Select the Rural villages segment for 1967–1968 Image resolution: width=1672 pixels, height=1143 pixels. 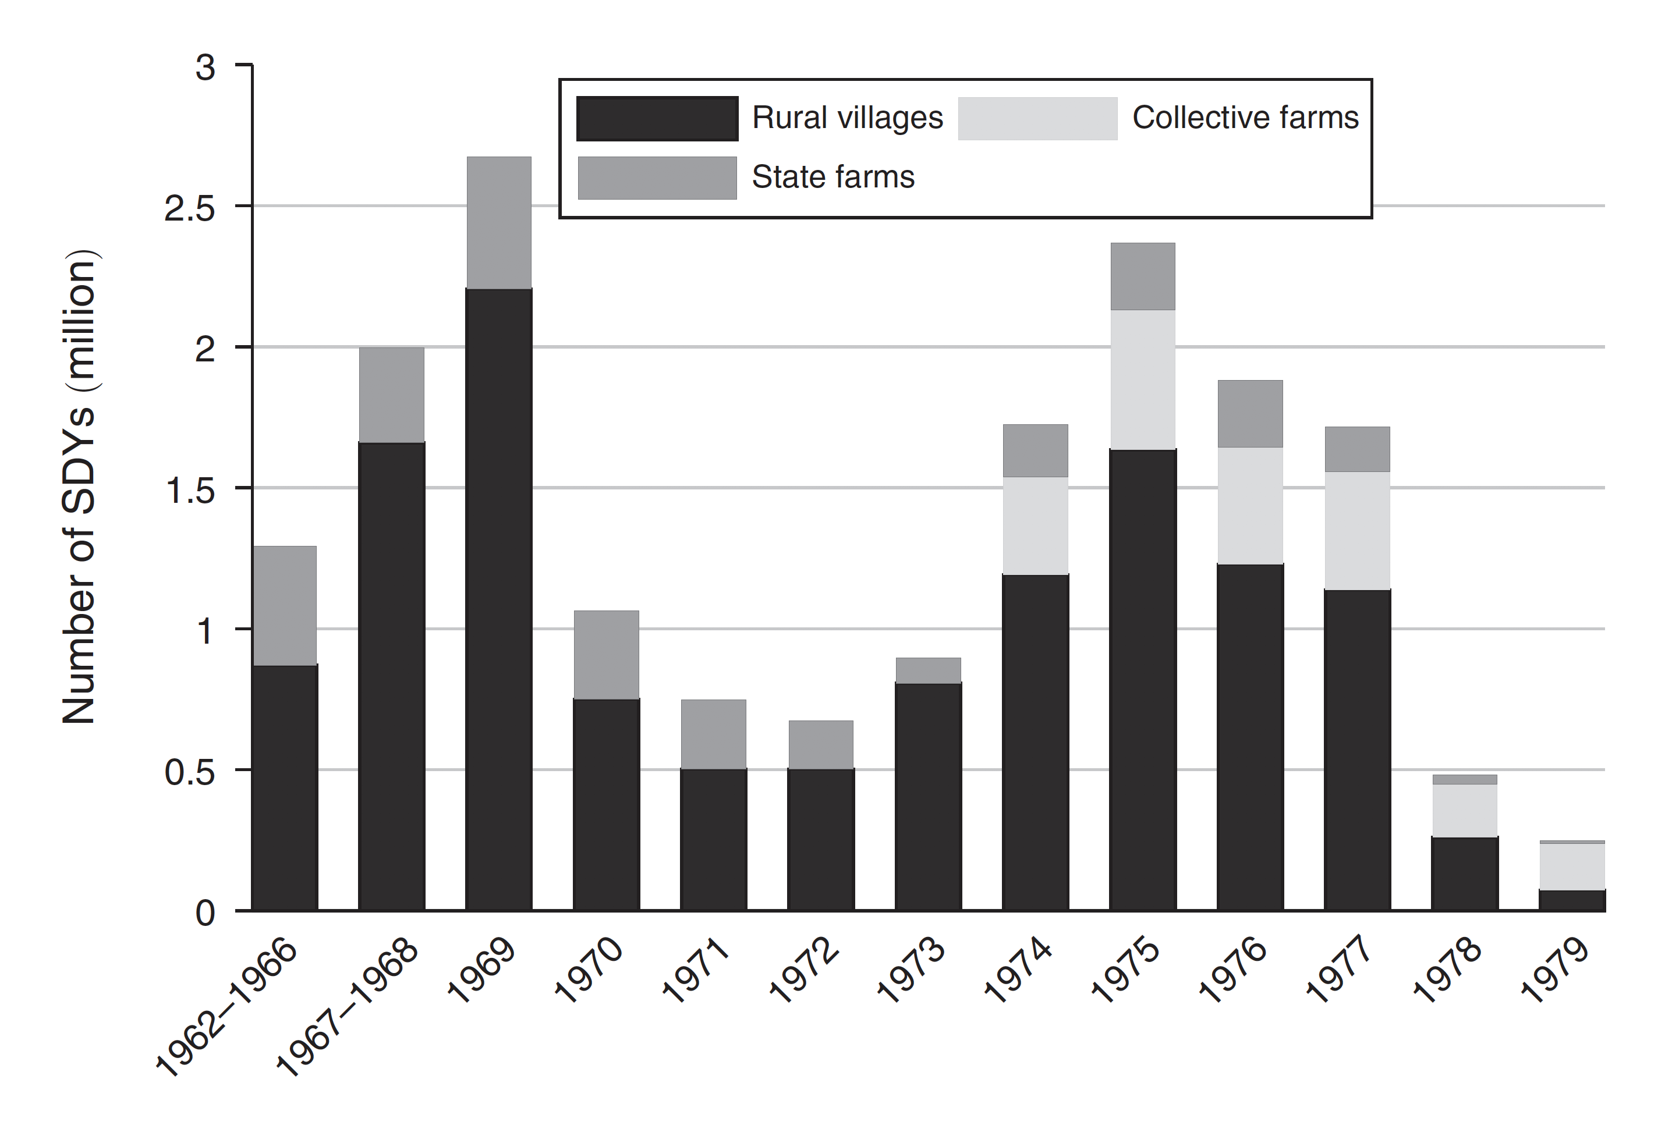pos(391,676)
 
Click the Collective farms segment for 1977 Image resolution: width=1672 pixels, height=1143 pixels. pos(1357,530)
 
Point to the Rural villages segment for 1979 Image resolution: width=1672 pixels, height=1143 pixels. pos(1572,900)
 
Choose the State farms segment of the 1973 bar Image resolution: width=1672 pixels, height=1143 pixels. pos(928,670)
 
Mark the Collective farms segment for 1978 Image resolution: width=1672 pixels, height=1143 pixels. pos(1465,810)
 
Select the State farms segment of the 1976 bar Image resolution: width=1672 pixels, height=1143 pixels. pos(1250,414)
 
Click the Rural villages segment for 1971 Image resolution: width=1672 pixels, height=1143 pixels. pos(713,839)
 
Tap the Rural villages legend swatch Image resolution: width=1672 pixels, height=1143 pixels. pos(657,119)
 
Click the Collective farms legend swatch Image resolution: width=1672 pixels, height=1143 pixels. pos(1037,119)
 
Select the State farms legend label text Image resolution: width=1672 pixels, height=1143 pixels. pos(833,177)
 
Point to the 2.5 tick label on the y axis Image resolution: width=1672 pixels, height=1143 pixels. pos(190,208)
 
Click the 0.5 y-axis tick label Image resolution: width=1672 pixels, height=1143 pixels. pos(190,772)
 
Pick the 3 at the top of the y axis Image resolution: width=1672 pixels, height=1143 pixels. pos(205,68)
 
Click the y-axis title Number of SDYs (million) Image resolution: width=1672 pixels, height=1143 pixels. pos(79,487)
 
